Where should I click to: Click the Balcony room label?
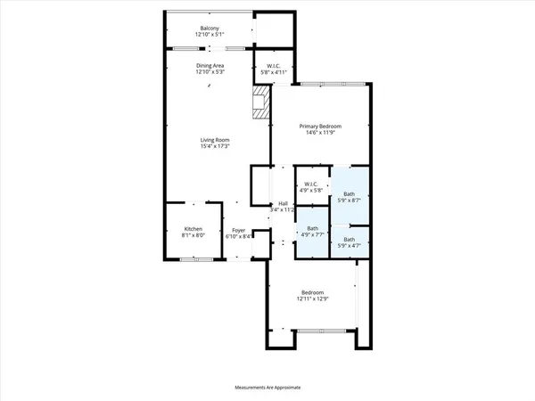click(210, 28)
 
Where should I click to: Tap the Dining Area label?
click(210, 65)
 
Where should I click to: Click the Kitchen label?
click(193, 229)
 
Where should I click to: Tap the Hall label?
click(283, 204)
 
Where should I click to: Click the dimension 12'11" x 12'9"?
click(311, 299)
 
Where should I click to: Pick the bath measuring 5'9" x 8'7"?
click(350, 197)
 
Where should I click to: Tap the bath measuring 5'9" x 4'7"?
click(350, 241)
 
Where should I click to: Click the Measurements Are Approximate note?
click(267, 388)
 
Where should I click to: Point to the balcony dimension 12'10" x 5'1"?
click(210, 35)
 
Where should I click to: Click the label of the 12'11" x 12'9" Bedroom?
click(311, 292)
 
